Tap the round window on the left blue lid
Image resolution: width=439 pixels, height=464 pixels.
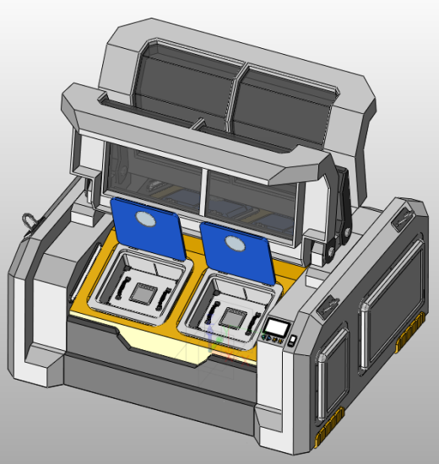click(x=145, y=220)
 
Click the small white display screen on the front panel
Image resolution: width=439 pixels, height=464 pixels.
click(x=276, y=326)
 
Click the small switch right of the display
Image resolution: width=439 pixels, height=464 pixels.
click(x=291, y=340)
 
